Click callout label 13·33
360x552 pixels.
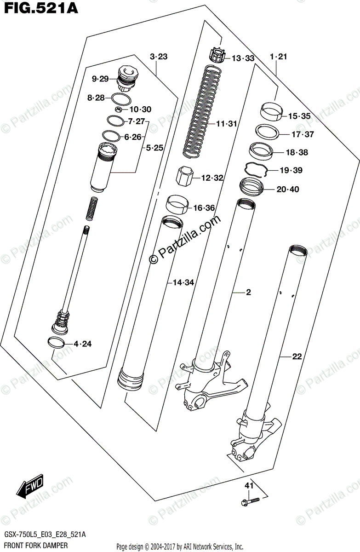242,58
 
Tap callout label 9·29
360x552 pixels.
100,79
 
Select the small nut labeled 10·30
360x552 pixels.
118,109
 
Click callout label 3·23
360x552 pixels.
159,57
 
